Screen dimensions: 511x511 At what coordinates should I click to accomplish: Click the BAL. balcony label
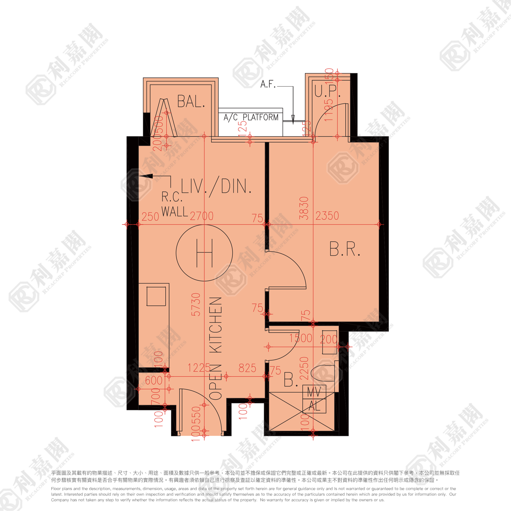pos(191,102)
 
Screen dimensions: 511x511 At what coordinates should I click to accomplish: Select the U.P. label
pos(327,91)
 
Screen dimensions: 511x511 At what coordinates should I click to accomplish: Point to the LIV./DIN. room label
pos(216,187)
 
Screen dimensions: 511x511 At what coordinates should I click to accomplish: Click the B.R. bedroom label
pos(345,249)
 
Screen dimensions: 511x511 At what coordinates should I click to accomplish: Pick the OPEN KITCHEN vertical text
pos(216,348)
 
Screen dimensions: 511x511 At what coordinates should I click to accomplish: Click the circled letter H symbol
pos(204,253)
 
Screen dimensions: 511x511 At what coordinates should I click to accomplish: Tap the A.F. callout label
pos(268,84)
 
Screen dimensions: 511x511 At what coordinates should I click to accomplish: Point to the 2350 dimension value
pos(327,216)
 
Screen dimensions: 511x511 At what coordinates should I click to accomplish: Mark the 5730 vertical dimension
pos(196,305)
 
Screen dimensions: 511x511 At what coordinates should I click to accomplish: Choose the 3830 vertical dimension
pos(304,208)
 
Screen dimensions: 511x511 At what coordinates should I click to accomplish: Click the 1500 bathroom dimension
pos(301,338)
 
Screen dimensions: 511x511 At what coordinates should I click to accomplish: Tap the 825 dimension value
pos(247,368)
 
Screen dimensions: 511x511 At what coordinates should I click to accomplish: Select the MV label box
pos(314,392)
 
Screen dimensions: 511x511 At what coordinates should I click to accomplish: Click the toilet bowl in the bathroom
pos(323,373)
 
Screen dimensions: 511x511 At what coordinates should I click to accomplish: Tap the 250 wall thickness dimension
pos(150,217)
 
